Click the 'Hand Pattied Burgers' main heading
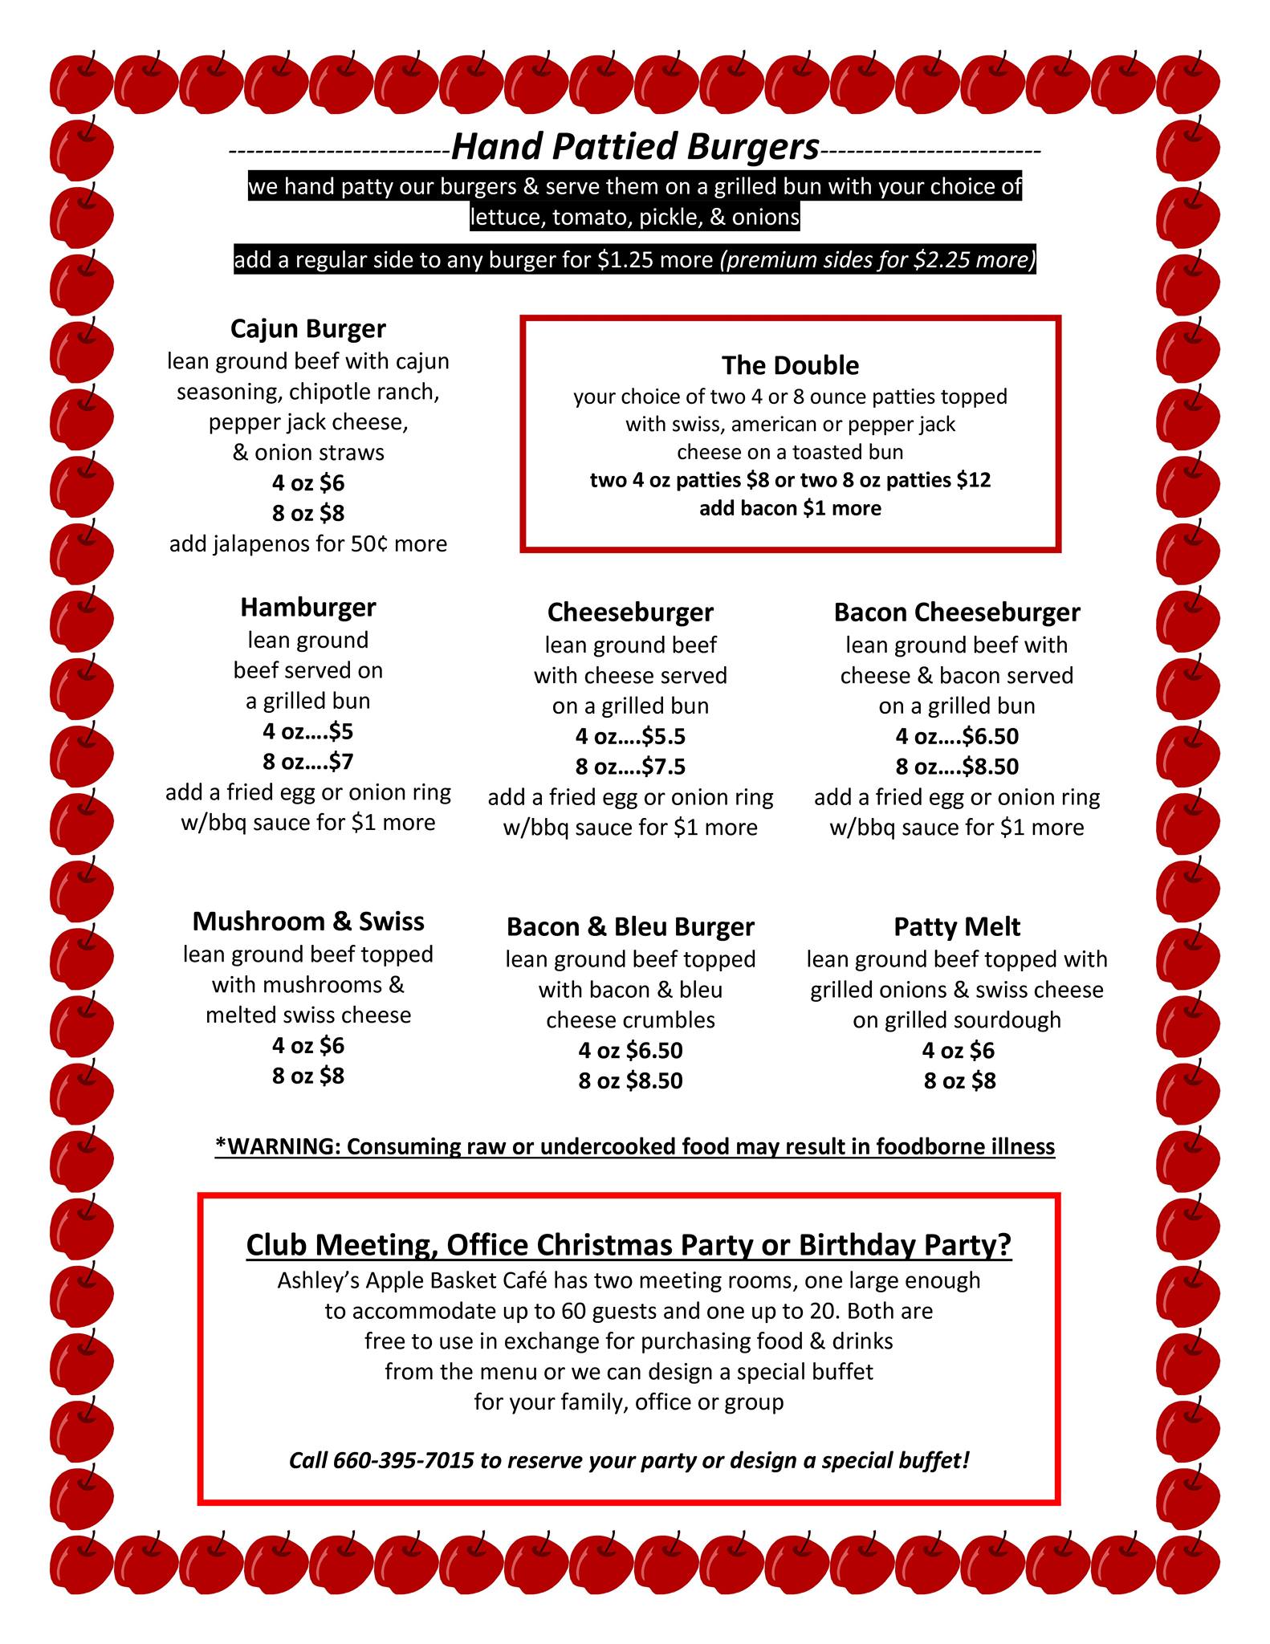(x=635, y=147)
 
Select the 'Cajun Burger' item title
(x=307, y=328)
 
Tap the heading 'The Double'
(x=790, y=365)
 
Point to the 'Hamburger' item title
(x=307, y=607)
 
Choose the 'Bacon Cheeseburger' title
(x=956, y=612)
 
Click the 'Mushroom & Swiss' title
(x=307, y=921)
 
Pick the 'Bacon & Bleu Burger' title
(x=630, y=926)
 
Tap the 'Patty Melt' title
(x=956, y=926)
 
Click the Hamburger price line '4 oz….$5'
(x=307, y=731)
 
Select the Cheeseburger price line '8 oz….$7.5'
(x=630, y=767)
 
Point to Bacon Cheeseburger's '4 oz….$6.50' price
(x=956, y=736)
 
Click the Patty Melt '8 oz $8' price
(x=959, y=1080)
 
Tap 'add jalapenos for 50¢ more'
(x=307, y=543)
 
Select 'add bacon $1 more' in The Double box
(x=790, y=508)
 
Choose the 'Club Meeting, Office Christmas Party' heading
(x=629, y=1244)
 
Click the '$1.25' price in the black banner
(x=625, y=260)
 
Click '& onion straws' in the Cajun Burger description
(x=307, y=452)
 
